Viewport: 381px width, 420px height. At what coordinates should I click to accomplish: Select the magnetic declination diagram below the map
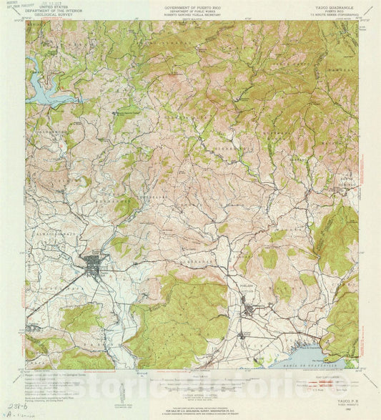(x=119, y=392)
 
